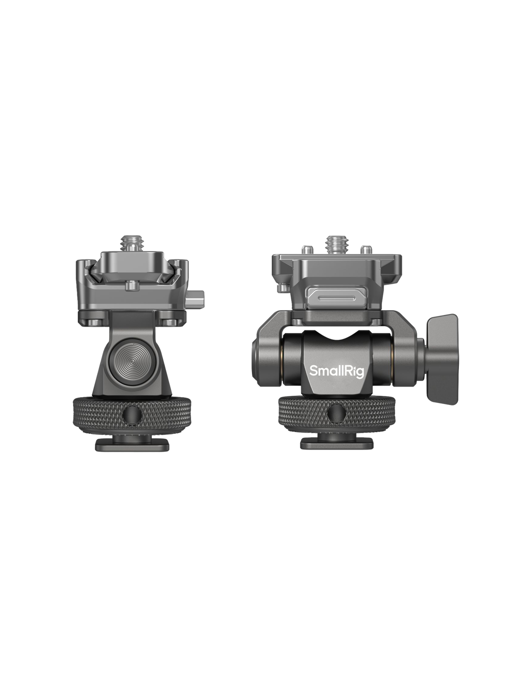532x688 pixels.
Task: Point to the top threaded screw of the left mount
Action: [x=133, y=243]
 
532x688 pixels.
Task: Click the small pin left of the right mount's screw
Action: [x=305, y=249]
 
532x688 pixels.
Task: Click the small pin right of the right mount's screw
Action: [x=366, y=249]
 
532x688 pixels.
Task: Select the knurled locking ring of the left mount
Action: [x=132, y=415]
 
